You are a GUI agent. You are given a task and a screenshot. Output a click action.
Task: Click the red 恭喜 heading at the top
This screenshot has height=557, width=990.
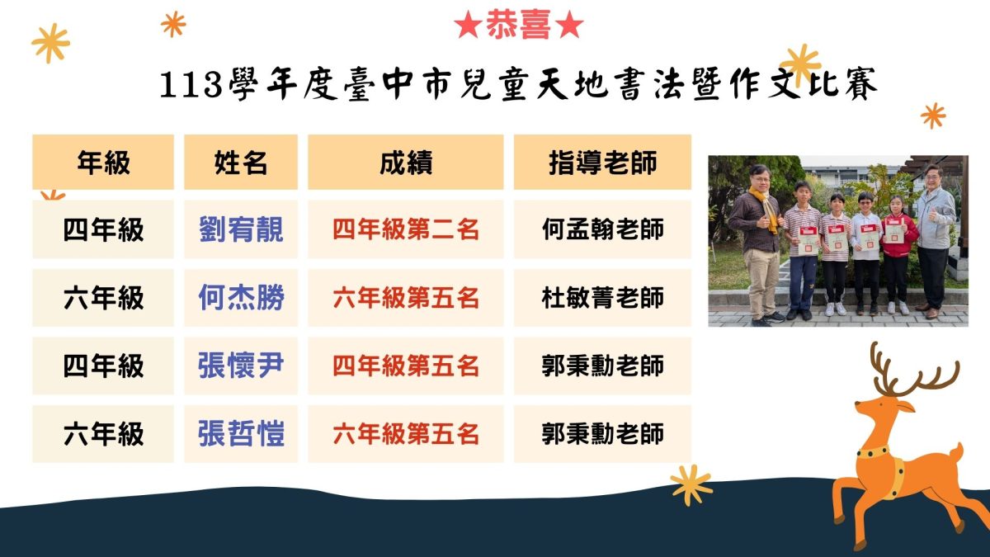pos(519,24)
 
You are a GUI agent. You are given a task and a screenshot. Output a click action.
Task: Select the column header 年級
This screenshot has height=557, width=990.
pos(103,163)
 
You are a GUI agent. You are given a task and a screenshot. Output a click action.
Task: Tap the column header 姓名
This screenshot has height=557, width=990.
pos(241,163)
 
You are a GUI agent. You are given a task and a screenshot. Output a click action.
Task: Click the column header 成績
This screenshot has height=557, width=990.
pos(406,163)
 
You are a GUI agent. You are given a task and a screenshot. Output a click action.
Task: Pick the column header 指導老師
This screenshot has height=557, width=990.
pos(602,163)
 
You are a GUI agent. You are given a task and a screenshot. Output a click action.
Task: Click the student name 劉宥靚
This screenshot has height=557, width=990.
pos(241,229)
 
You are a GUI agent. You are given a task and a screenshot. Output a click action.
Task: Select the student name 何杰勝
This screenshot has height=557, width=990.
pos(241,297)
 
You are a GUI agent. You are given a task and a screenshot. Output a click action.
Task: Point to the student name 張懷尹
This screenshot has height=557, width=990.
pos(241,366)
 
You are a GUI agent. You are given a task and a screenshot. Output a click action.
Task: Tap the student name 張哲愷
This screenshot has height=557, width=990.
pos(241,434)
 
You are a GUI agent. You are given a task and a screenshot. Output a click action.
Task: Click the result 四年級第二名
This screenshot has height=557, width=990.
pos(406,229)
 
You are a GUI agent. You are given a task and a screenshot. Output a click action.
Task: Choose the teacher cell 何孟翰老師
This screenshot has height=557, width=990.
pos(602,229)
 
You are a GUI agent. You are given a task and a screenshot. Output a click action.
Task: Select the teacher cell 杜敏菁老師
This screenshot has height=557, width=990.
pos(602,298)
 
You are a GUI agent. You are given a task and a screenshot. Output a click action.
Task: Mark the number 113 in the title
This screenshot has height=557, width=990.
pos(191,84)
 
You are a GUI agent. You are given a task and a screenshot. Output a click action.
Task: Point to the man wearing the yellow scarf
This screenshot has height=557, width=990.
pos(757,244)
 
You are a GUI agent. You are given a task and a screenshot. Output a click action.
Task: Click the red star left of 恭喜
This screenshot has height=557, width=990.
pos(468,25)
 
